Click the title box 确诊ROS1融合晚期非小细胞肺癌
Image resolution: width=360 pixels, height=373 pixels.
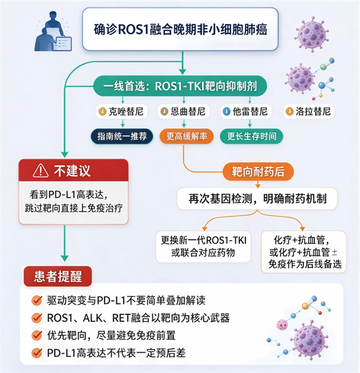pyautogui.click(x=180, y=29)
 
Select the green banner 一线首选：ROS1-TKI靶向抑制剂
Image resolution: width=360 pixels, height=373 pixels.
pyautogui.click(x=180, y=86)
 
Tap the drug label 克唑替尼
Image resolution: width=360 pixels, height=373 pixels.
pyautogui.click(x=122, y=112)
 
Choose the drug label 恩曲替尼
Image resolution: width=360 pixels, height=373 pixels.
pyautogui.click(x=184, y=112)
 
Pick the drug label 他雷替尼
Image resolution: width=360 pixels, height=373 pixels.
pyautogui.click(x=246, y=112)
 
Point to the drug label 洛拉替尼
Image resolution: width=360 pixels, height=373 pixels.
pyautogui.click(x=309, y=112)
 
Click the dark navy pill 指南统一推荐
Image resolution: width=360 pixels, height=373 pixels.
pyautogui.click(x=122, y=136)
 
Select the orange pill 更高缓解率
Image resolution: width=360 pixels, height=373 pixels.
pyautogui.click(x=187, y=136)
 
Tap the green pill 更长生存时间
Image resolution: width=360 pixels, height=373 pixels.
pyautogui.click(x=251, y=136)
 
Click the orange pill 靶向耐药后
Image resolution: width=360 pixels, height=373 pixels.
pyautogui.click(x=258, y=172)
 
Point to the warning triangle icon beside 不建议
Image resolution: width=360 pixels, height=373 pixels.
pyautogui.click(x=41, y=170)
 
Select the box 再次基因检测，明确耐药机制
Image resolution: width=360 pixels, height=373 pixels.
pyautogui.click(x=257, y=198)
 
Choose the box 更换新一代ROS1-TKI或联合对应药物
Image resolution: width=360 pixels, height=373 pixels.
pyautogui.click(x=203, y=246)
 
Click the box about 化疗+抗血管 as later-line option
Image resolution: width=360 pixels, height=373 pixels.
pyautogui.click(x=304, y=252)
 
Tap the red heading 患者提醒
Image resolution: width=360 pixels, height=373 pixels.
pyautogui.click(x=58, y=276)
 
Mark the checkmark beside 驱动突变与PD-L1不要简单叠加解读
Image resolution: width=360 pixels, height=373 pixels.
pyautogui.click(x=37, y=300)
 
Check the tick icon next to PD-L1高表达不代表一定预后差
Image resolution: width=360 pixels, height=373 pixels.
pyautogui.click(x=37, y=353)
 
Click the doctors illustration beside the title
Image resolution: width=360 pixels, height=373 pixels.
pyautogui.click(x=53, y=31)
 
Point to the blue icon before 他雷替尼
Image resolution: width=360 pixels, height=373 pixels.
pyautogui.click(x=227, y=112)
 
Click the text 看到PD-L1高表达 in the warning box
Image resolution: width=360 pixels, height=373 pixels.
pyautogui.click(x=69, y=195)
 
